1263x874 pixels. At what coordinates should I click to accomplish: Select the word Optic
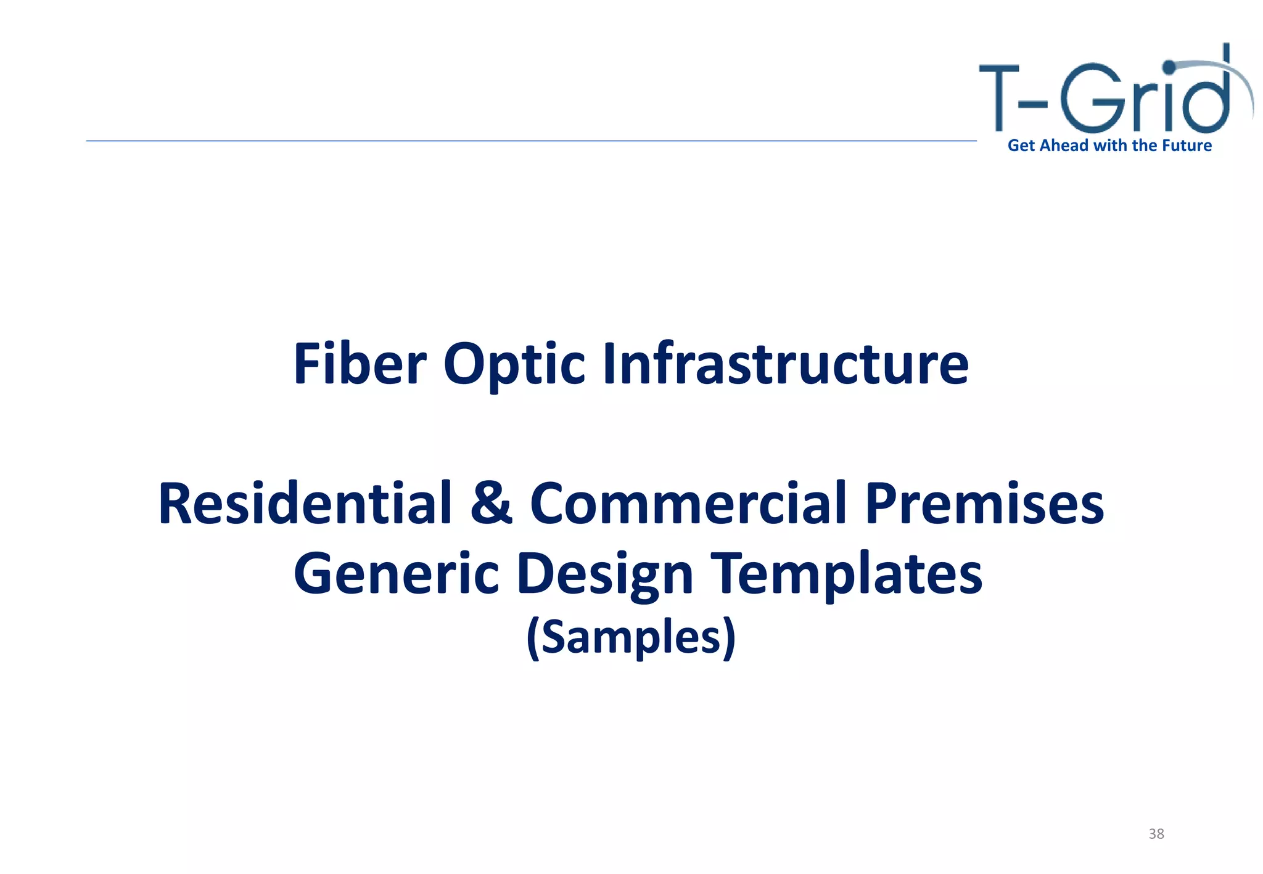(x=514, y=365)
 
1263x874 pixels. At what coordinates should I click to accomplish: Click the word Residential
(x=305, y=503)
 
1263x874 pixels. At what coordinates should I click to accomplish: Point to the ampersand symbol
(x=491, y=503)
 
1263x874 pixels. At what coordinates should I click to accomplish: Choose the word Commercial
(x=688, y=503)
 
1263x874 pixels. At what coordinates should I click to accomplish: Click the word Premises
(x=984, y=503)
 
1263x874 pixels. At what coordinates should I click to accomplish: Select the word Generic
(x=396, y=573)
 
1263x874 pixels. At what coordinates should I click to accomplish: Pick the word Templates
(x=846, y=573)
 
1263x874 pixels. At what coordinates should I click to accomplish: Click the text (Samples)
(x=631, y=637)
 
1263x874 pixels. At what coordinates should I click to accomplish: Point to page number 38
(x=1156, y=834)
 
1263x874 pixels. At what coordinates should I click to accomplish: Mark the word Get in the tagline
(x=1021, y=145)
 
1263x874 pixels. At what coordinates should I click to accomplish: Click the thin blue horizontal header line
(x=530, y=141)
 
